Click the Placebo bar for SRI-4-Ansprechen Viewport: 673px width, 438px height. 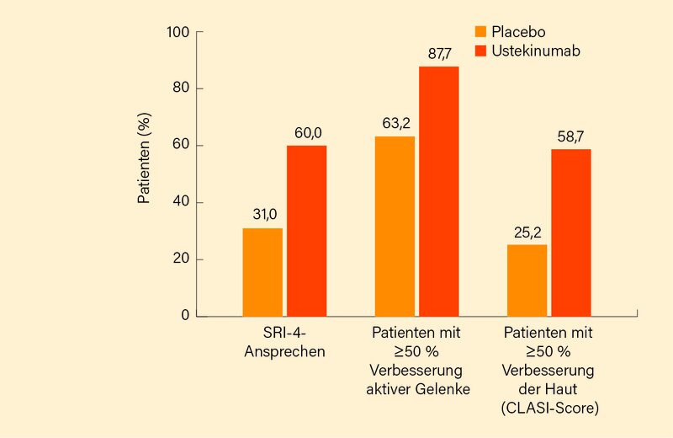[262, 272]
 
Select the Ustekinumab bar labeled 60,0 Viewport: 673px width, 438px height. [306, 231]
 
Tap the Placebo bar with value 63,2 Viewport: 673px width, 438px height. [395, 226]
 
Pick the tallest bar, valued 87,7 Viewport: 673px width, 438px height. [438, 191]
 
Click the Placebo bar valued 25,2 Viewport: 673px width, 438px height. [527, 280]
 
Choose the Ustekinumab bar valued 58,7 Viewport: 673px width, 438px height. [571, 232]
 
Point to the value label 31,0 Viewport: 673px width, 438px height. [263, 216]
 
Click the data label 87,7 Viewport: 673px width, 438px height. [440, 54]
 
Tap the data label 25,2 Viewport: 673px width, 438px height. [527, 232]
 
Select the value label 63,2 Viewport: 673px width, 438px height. [395, 123]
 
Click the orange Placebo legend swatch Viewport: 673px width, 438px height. [481, 32]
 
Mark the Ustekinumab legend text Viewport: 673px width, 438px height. [537, 51]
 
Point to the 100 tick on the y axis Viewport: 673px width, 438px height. [179, 32]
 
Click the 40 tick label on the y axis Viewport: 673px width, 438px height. [183, 203]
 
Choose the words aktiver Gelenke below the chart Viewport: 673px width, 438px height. [417, 387]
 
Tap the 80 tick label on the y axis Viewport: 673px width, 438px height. [183, 88]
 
